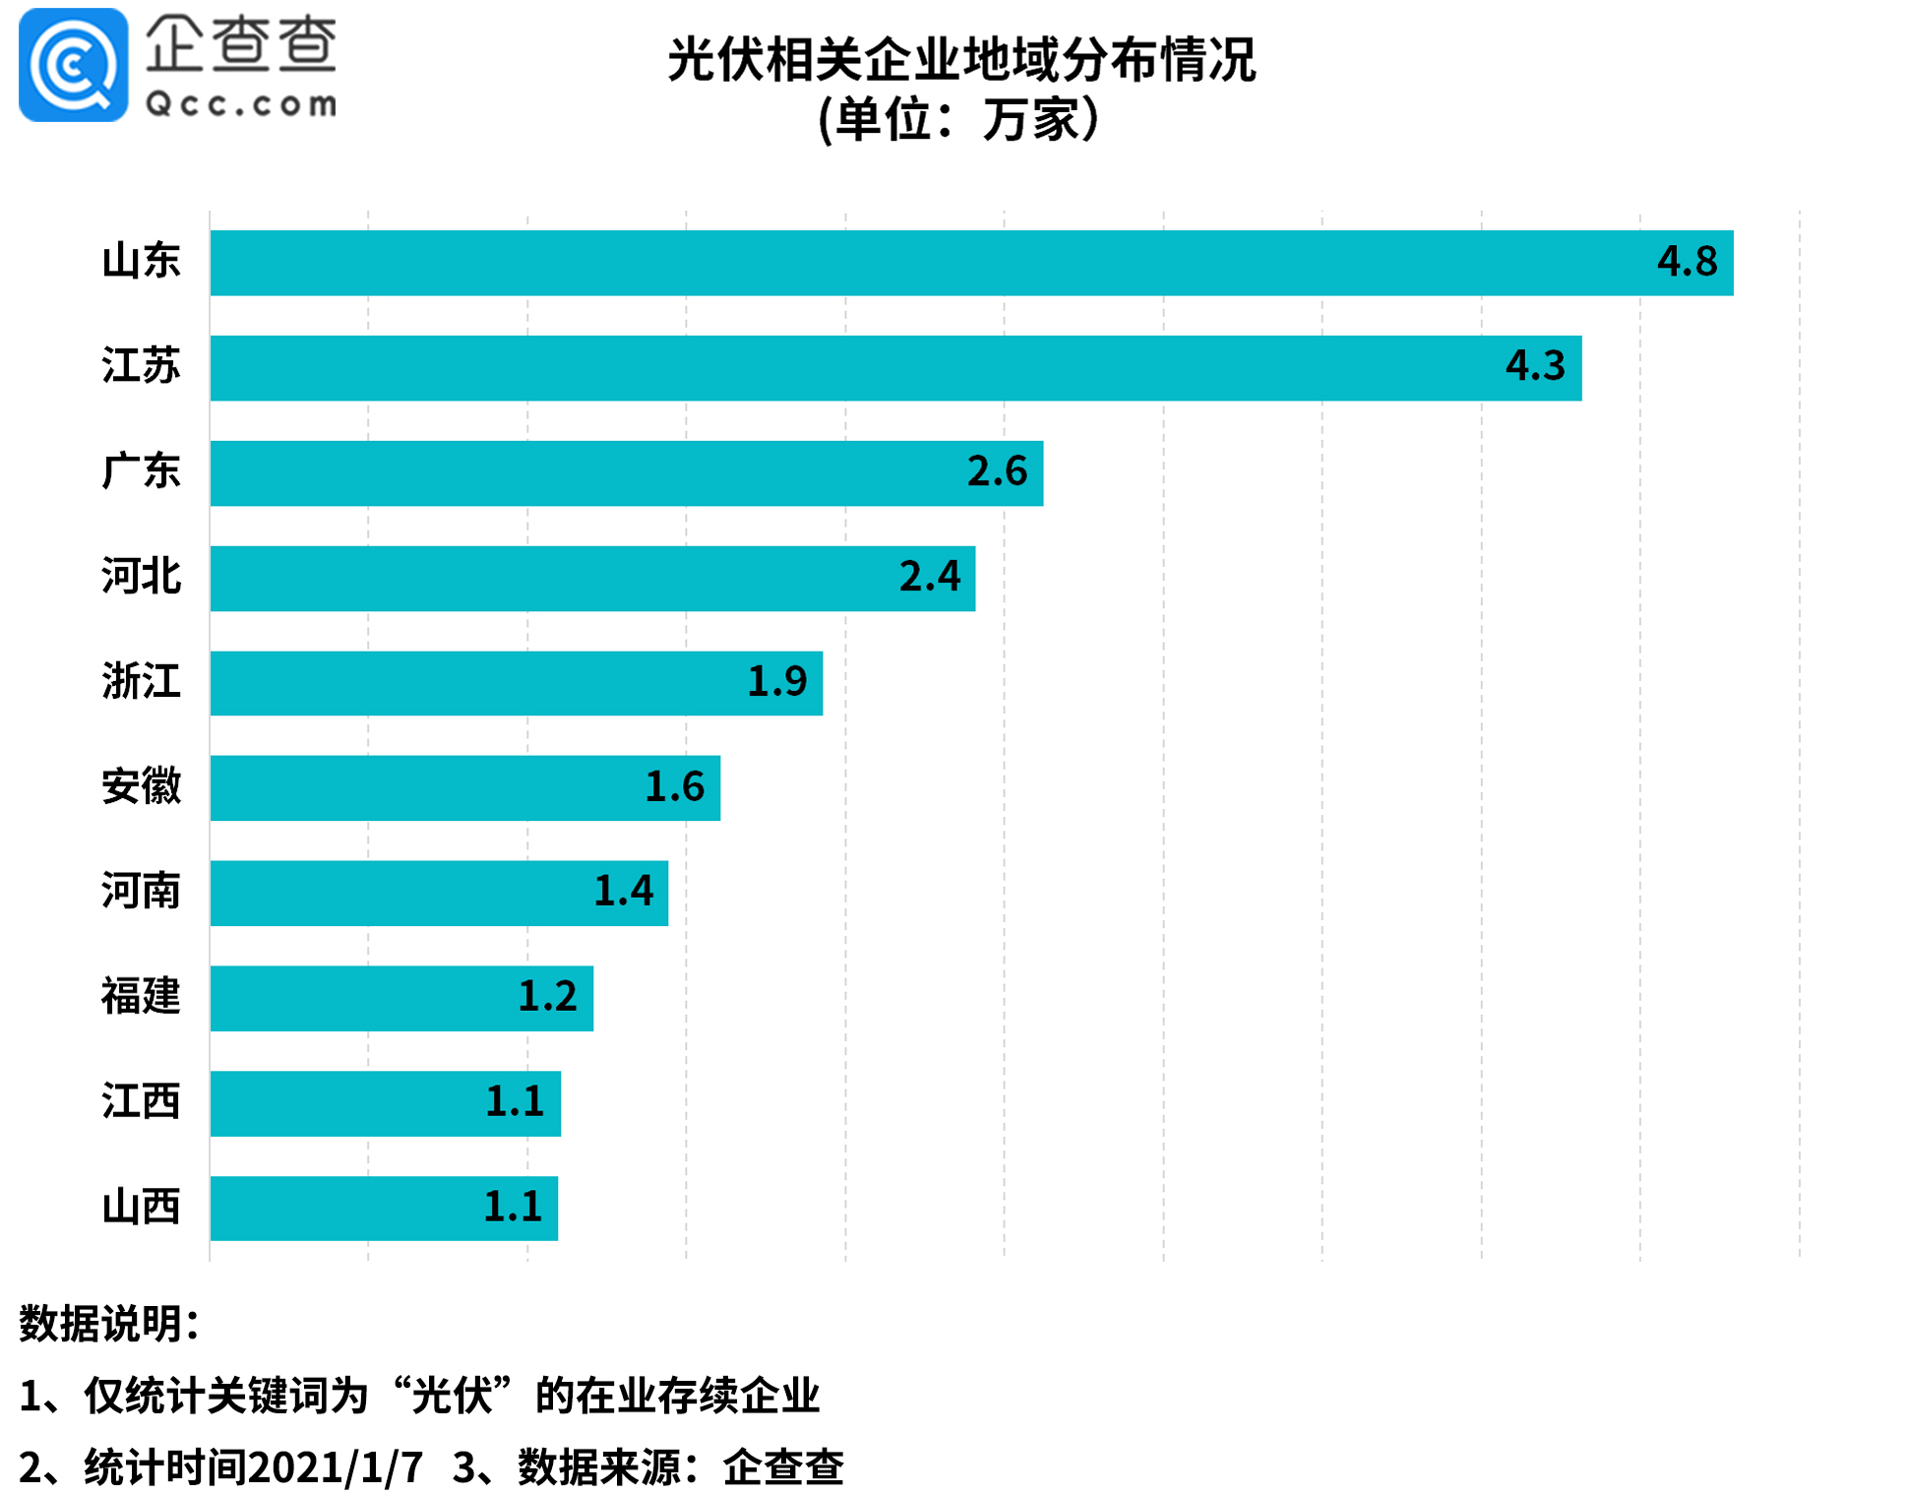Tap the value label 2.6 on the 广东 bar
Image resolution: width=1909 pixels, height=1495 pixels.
[x=997, y=471]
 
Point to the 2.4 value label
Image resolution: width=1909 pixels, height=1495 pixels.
[x=929, y=577]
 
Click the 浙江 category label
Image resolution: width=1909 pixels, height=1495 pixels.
[x=141, y=681]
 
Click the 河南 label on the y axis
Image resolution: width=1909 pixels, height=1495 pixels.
[x=141, y=892]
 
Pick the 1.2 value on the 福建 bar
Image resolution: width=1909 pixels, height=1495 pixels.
[x=547, y=997]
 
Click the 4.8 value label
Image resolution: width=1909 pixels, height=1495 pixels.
[x=1687, y=262]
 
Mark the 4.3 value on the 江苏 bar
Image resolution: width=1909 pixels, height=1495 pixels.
[x=1535, y=366]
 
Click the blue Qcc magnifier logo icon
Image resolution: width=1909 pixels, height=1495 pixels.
[x=73, y=65]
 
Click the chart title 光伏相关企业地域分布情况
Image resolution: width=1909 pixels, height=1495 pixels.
[x=961, y=60]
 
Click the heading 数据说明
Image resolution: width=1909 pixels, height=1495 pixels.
[x=108, y=1324]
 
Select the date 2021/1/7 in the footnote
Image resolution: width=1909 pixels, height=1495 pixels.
[x=335, y=1467]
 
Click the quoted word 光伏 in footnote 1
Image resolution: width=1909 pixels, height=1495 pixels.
[x=452, y=1396]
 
